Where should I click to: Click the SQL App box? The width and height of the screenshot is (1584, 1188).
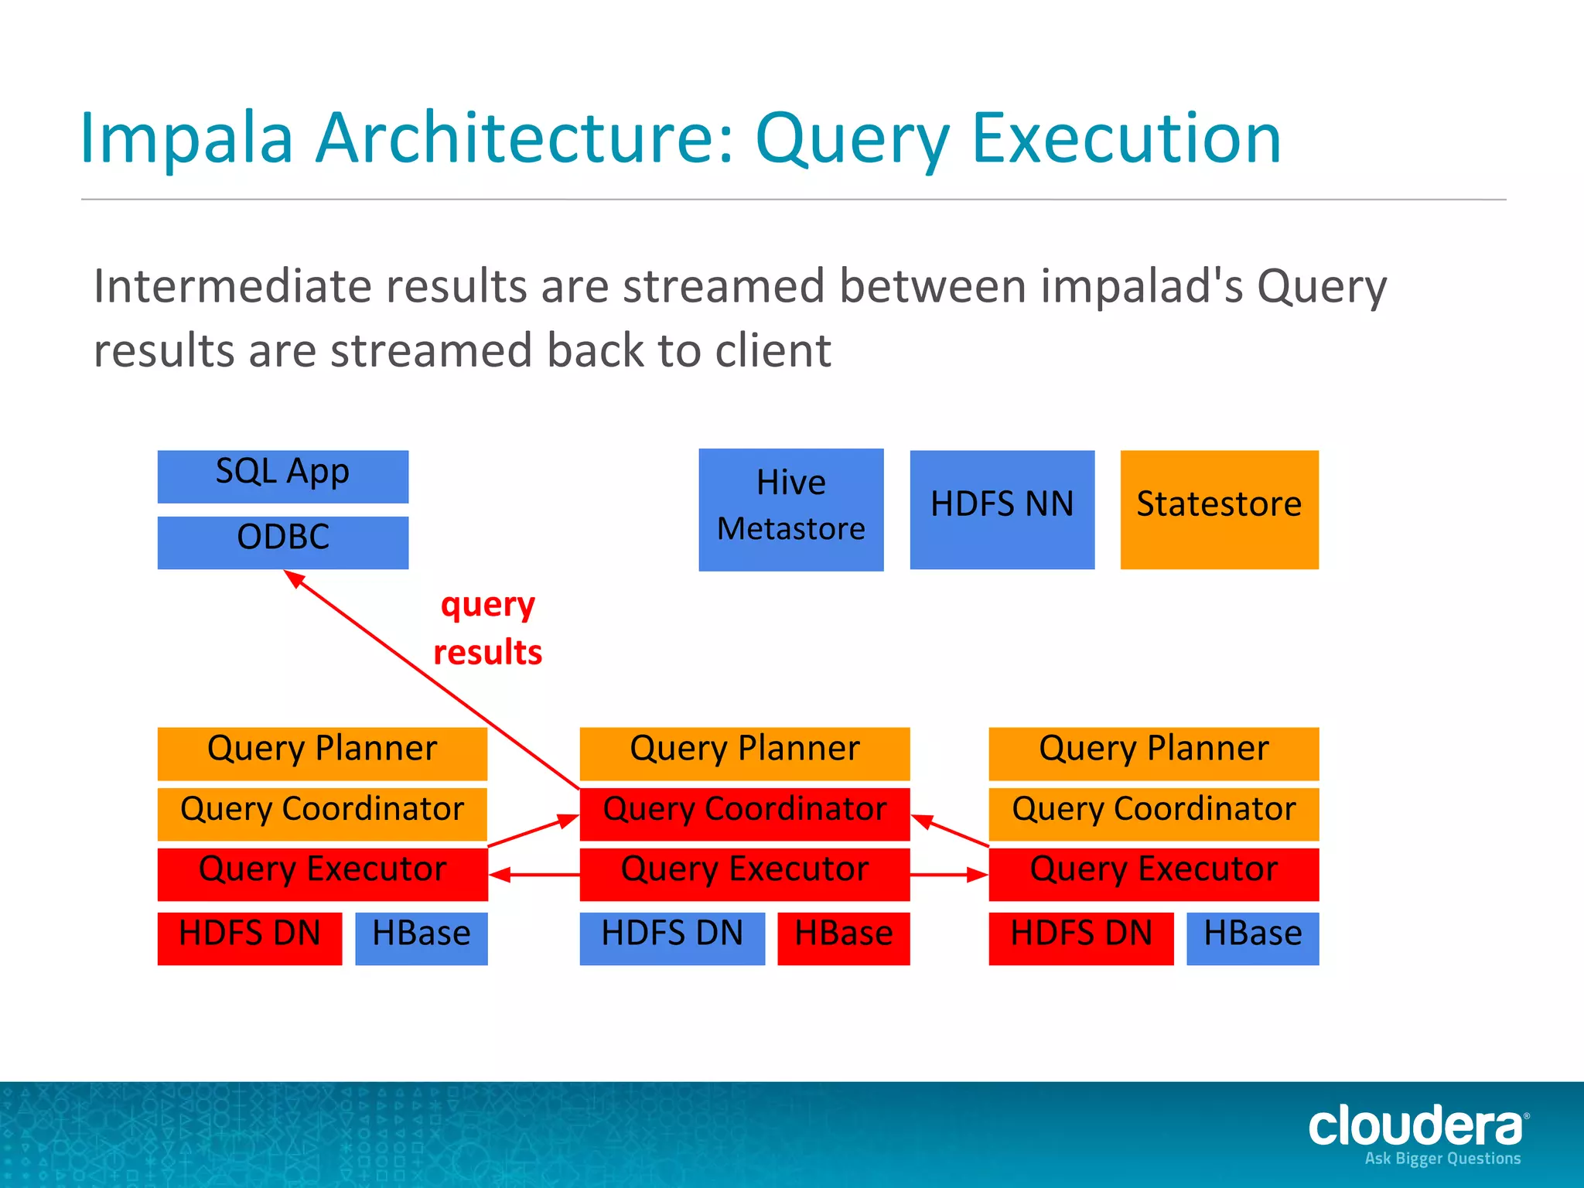pos(282,476)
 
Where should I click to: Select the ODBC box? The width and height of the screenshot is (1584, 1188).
pos(282,541)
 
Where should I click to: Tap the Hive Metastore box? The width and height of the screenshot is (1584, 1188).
pos(790,509)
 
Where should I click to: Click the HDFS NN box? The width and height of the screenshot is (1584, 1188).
pos(1002,509)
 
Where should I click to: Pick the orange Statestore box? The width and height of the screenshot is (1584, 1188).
pos(1219,509)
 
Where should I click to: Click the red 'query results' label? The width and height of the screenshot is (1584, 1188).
pos(487,628)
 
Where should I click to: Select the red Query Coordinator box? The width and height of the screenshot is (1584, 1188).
pos(744,813)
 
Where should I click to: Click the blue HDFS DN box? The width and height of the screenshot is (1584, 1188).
pos(671,937)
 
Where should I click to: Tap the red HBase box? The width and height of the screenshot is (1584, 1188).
pos(843,937)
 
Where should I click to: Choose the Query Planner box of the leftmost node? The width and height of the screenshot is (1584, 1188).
pos(322,753)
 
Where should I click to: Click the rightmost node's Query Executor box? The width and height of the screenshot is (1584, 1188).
pos(1153,873)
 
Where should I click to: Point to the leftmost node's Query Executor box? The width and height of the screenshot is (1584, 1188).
pos(322,873)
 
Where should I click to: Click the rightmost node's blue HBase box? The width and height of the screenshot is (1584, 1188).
pos(1252,937)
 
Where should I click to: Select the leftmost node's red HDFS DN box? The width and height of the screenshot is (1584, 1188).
pos(249,937)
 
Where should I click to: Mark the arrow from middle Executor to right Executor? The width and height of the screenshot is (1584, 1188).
pos(949,875)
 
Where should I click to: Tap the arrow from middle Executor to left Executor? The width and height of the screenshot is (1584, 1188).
pos(534,875)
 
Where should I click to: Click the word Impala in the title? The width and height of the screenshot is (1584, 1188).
pos(186,139)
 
